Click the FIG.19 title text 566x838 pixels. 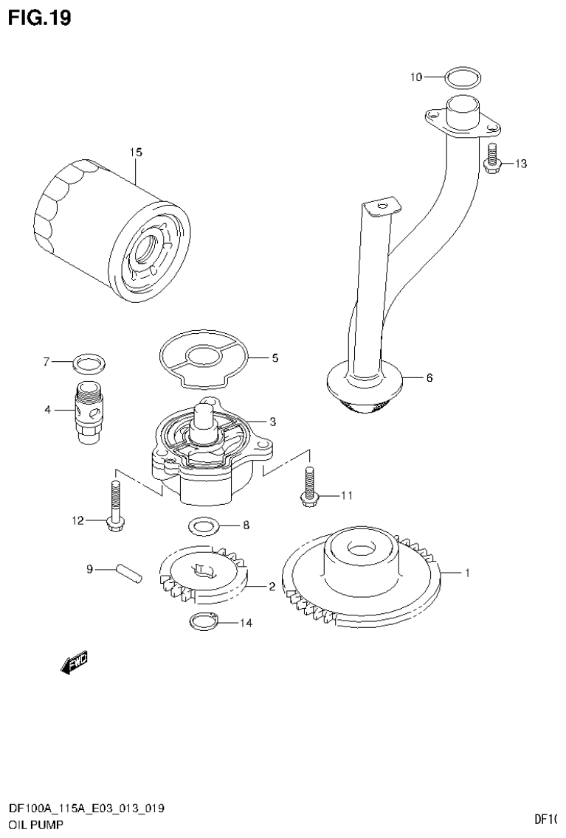(39, 18)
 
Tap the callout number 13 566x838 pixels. (521, 164)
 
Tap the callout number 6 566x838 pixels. (429, 378)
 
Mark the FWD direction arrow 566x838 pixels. (74, 663)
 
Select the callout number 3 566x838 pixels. (272, 422)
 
